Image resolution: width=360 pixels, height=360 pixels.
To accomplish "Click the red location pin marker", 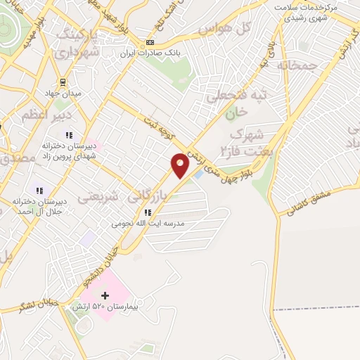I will pyautogui.click(x=181, y=165).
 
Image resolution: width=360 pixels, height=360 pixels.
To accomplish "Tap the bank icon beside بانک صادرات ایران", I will pyautogui.click(x=150, y=43).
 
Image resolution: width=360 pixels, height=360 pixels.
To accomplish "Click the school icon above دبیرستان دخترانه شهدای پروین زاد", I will pyautogui.click(x=69, y=134).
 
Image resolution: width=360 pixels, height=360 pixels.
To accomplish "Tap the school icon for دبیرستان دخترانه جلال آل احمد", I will pyautogui.click(x=40, y=190).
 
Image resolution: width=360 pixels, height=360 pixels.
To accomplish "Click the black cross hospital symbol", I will pyautogui.click(x=106, y=296).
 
